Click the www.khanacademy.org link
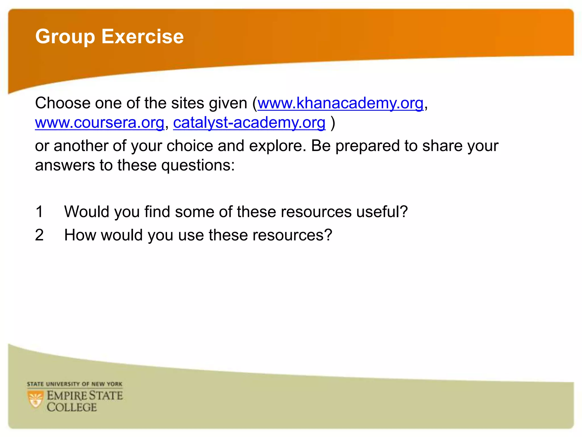point(340,103)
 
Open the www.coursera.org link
point(99,123)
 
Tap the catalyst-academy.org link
point(249,123)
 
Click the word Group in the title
point(65,37)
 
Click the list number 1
point(39,212)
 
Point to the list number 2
point(39,235)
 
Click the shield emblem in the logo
point(36,399)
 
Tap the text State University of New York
point(74,384)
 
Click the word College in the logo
point(72,407)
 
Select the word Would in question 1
point(87,212)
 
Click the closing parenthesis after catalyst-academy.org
point(333,123)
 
